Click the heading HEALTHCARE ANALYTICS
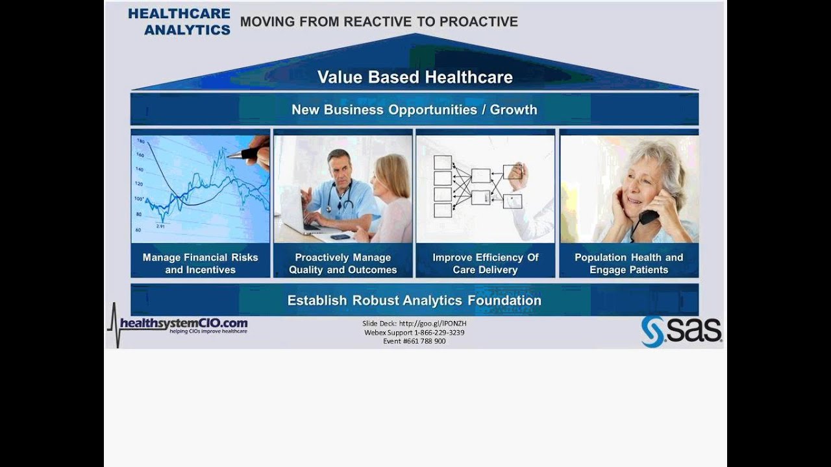click(x=179, y=21)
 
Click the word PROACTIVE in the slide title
click(x=478, y=21)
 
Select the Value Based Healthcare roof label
click(x=415, y=77)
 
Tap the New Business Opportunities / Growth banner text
click(x=414, y=110)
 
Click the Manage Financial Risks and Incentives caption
click(x=200, y=263)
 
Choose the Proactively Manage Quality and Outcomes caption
click(x=343, y=263)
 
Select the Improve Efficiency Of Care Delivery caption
click(x=486, y=263)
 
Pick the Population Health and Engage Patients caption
click(x=628, y=263)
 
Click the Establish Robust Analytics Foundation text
click(x=414, y=300)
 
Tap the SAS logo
click(x=681, y=331)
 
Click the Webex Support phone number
click(x=439, y=332)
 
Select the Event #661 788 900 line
click(x=414, y=341)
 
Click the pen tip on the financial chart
click(x=229, y=156)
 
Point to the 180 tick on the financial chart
click(x=139, y=141)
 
